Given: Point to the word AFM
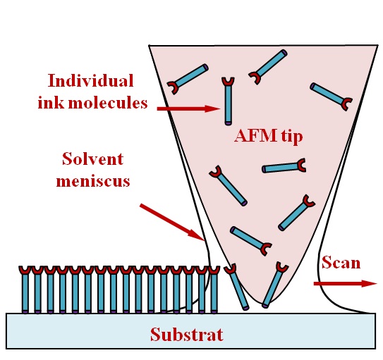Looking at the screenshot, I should point(252,136).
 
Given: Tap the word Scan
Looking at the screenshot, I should point(341,263).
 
